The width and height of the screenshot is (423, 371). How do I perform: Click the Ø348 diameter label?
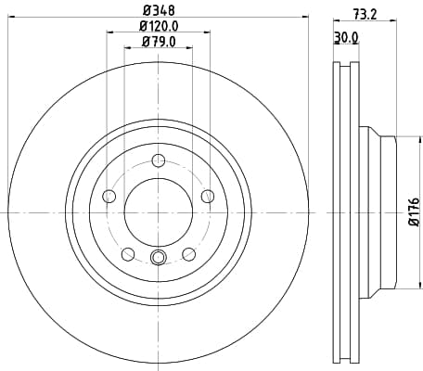[159, 10]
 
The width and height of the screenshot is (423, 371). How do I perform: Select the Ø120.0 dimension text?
[159, 26]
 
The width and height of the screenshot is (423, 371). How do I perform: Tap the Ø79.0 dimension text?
[159, 42]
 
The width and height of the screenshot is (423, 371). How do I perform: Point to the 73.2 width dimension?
[365, 14]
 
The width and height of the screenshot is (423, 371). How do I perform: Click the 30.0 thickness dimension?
[346, 38]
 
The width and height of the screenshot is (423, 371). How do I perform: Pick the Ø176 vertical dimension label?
[414, 211]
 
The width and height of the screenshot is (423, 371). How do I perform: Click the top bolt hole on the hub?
[159, 160]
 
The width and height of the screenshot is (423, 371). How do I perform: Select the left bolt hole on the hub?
[109, 197]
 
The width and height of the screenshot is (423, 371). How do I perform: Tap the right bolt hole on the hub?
[208, 196]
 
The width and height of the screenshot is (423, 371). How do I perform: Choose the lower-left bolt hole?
[128, 254]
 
